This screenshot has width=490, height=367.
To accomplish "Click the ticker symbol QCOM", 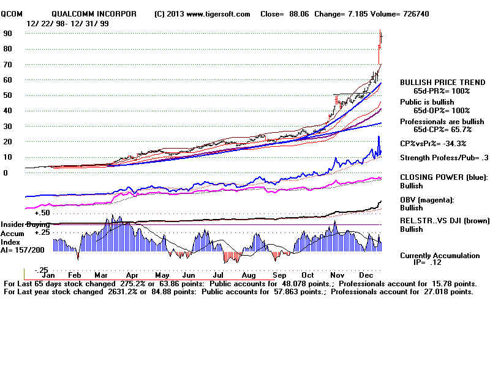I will pyautogui.click(x=12, y=14).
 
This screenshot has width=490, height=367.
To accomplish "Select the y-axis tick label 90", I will pyautogui.click(x=8, y=34).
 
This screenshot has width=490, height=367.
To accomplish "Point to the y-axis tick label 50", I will pyautogui.click(x=8, y=95).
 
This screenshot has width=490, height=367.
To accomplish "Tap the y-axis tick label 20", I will pyautogui.click(x=8, y=141).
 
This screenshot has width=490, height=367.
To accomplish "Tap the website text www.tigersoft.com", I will pyautogui.click(x=214, y=14).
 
